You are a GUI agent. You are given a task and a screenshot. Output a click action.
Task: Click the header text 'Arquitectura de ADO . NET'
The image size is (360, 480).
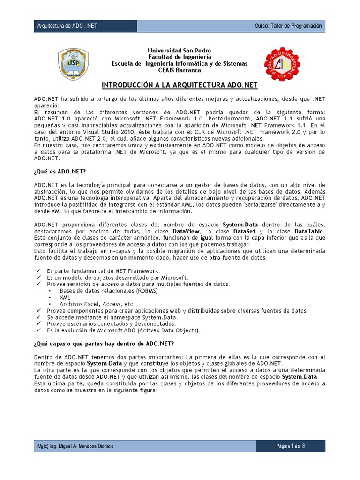pyautogui.click(x=67, y=26)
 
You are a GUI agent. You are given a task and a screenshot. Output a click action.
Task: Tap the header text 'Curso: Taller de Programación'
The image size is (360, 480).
pyautogui.click(x=288, y=26)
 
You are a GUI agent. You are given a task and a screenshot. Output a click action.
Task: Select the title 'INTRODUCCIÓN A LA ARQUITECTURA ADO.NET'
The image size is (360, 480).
pyautogui.click(x=180, y=86)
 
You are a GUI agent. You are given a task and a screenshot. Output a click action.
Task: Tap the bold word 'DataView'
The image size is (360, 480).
pyautogui.click(x=187, y=232)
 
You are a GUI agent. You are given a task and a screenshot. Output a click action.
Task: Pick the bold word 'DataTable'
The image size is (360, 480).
pyautogui.click(x=310, y=232)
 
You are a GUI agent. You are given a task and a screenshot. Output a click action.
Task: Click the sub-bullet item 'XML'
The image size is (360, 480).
pyautogui.click(x=65, y=297)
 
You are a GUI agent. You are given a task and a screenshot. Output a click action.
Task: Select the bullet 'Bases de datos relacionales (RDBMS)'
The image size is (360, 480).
pyautogui.click(x=109, y=291)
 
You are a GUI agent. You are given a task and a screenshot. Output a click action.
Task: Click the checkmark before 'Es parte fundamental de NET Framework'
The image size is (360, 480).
pyautogui.click(x=38, y=271)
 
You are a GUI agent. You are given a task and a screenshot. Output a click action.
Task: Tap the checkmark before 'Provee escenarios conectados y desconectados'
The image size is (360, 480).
pyautogui.click(x=38, y=323)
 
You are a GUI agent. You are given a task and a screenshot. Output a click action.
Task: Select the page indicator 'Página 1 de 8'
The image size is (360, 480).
pyautogui.click(x=291, y=446)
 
